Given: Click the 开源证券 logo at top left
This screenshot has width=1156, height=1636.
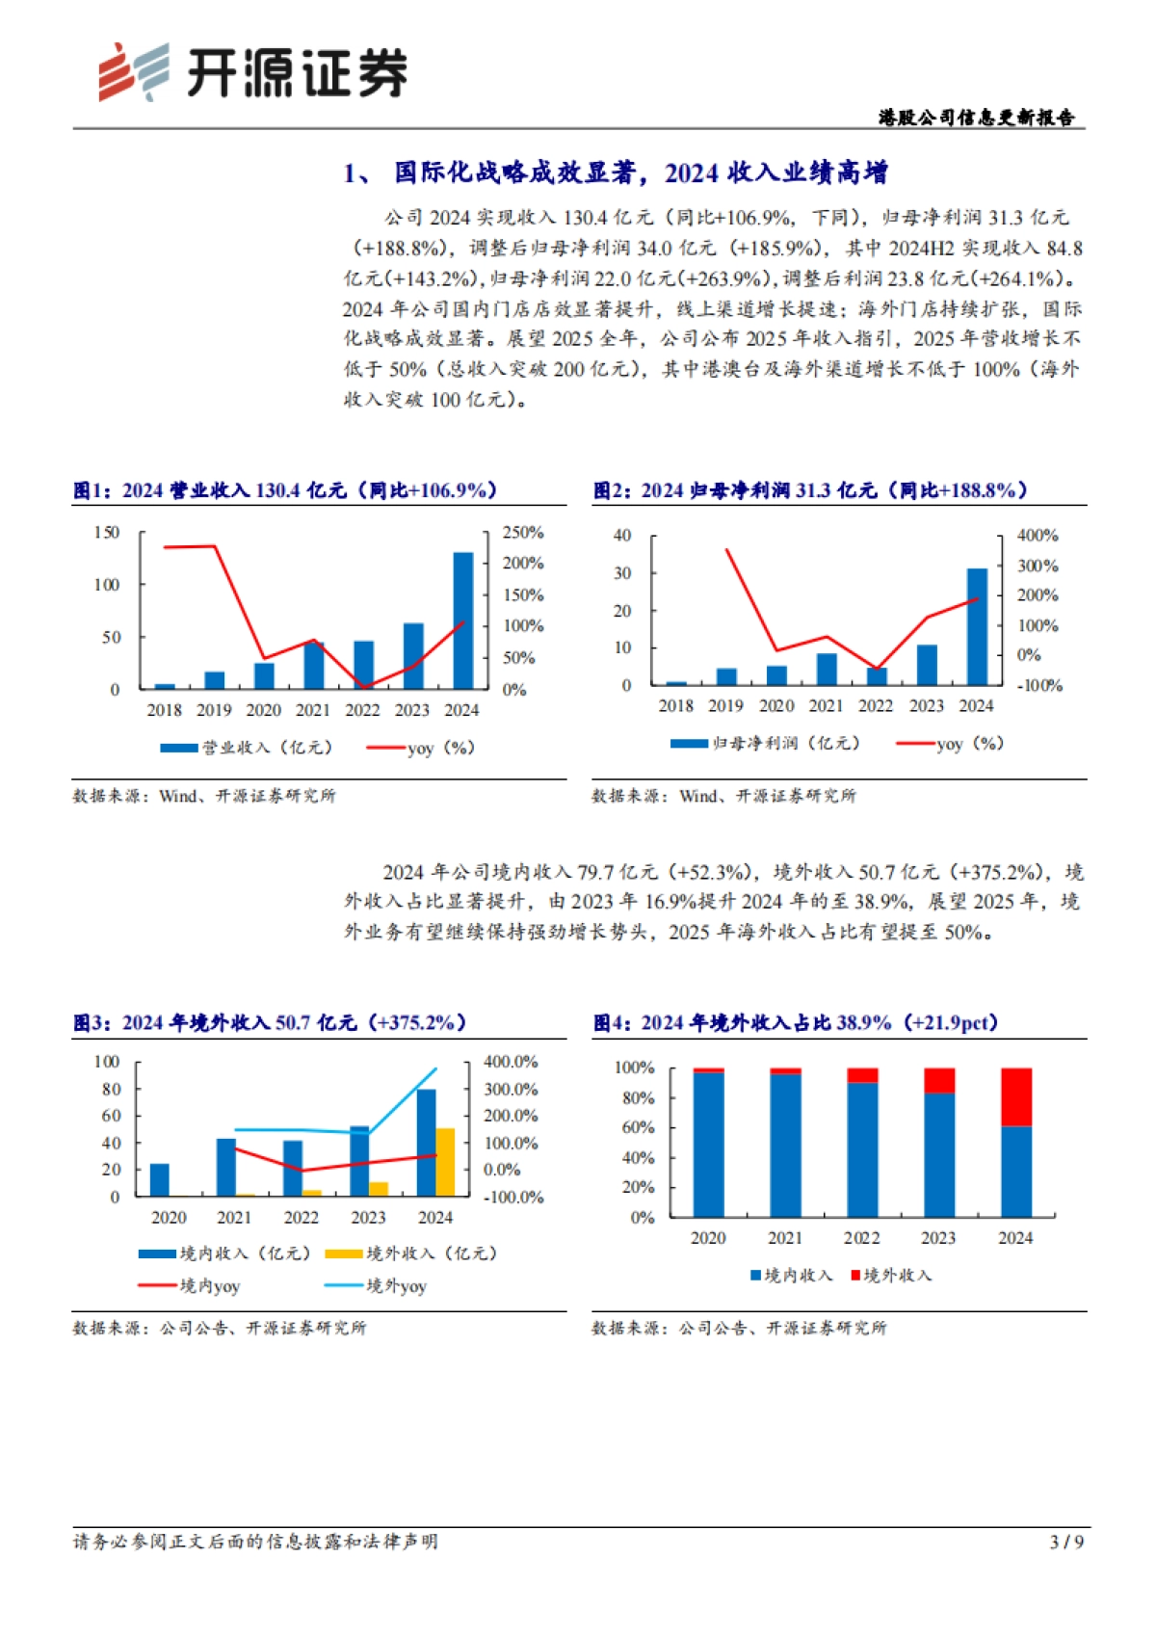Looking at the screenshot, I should (x=252, y=72).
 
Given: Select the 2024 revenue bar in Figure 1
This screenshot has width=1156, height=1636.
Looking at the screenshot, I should (x=462, y=621).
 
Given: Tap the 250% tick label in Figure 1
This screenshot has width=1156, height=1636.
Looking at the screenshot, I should (x=523, y=533).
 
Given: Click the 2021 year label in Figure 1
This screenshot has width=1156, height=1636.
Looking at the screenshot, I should (x=312, y=710).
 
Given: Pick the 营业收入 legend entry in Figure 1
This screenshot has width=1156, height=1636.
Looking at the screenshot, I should (x=246, y=748).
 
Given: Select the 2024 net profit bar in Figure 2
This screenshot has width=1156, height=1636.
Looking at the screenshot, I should (x=977, y=627).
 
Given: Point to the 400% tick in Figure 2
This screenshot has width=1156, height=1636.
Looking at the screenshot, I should (x=1038, y=536).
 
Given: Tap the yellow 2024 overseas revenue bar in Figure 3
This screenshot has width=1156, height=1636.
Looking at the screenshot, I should (x=445, y=1162).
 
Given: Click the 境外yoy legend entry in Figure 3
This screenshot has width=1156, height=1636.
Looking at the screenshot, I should (x=376, y=1286).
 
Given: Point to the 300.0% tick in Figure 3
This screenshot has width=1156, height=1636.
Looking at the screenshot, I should (x=511, y=1090).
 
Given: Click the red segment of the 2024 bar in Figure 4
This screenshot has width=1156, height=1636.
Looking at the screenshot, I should (x=1015, y=1096).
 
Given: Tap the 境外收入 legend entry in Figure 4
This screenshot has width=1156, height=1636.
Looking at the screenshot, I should (x=891, y=1276).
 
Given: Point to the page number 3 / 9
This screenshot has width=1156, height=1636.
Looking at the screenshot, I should (x=1066, y=1542).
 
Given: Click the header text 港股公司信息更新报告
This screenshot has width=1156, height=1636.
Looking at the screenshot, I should (x=976, y=118).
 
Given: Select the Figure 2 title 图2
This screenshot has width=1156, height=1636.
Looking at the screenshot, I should (x=613, y=490).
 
